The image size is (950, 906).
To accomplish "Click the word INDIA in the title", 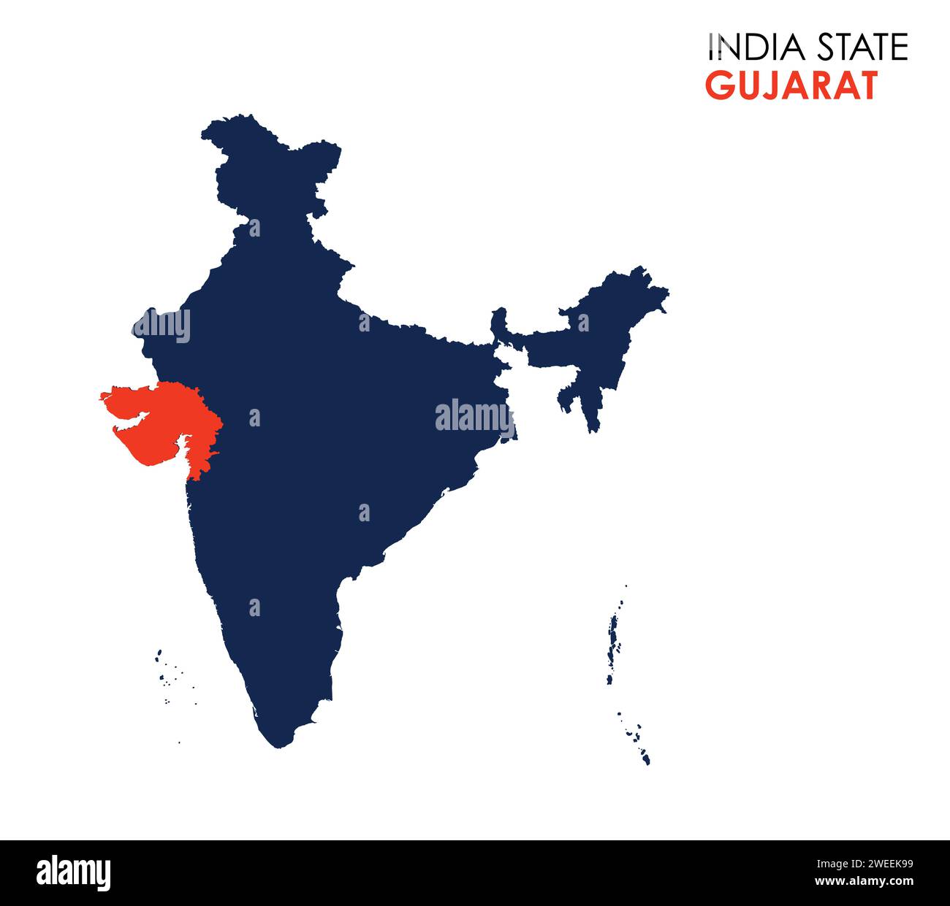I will coord(756,47).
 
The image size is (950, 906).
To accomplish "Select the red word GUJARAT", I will coord(791,86).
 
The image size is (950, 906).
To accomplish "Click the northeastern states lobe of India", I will coord(599,329).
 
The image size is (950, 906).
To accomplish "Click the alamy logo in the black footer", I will coord(74,873).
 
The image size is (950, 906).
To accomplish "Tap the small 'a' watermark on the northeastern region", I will coord(583,322).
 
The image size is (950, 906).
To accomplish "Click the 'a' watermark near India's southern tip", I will coord(254,607).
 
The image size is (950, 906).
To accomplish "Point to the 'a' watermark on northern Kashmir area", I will coord(254,228).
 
